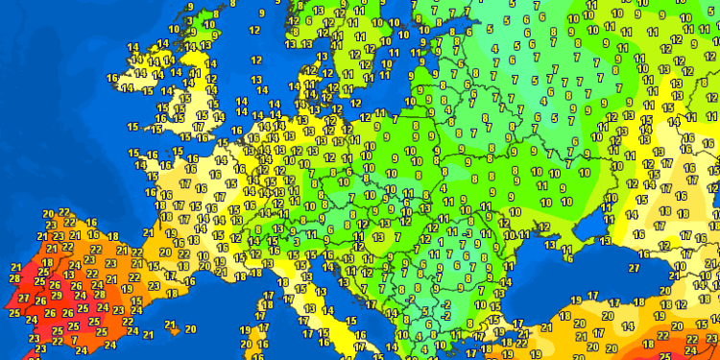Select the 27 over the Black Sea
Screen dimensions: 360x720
tap(633, 268)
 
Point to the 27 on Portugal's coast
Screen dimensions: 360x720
tap(24, 299)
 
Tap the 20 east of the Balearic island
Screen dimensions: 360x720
tap(190, 328)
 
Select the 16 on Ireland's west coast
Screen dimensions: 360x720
tap(112, 78)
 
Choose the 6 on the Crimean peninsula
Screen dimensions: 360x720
tap(568, 251)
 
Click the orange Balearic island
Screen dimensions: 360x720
tap(170, 325)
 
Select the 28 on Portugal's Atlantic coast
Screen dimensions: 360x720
tap(14, 278)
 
